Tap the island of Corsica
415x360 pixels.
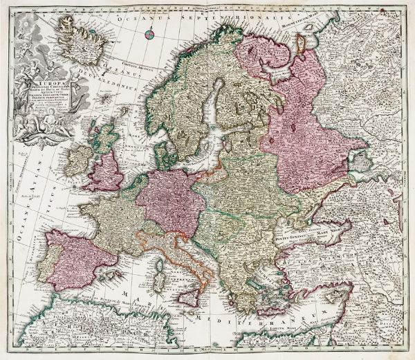159,249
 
